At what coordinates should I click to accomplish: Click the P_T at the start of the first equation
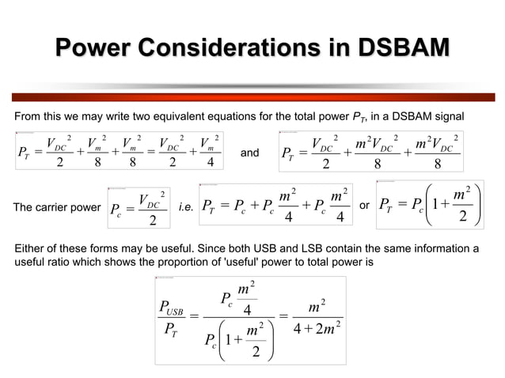tap(27, 153)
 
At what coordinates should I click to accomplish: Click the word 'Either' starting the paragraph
tap(30, 248)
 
